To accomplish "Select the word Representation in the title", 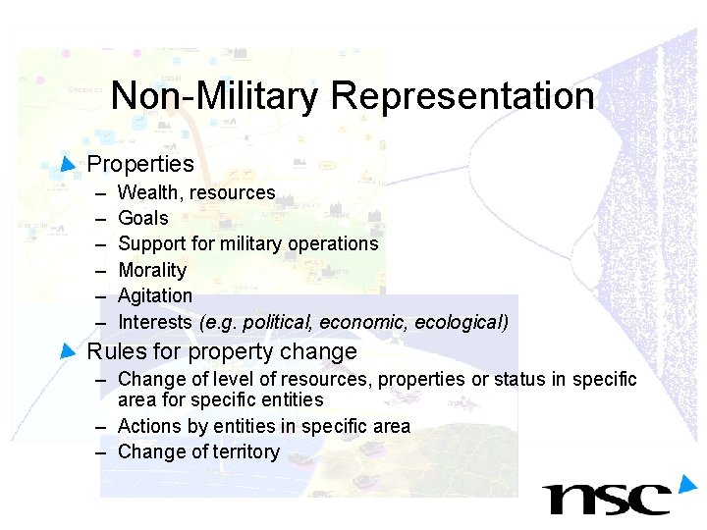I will tap(462, 96).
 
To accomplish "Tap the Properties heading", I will tap(140, 164).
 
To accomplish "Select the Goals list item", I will tap(143, 218).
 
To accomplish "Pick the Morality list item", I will tap(152, 270).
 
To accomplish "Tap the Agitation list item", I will tap(155, 295).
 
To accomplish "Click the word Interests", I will tap(155, 322).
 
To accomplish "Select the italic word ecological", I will tap(461, 322).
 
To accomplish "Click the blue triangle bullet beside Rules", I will tap(67, 349).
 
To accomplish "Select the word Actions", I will tap(148, 426).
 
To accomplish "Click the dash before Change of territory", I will tap(101, 451).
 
